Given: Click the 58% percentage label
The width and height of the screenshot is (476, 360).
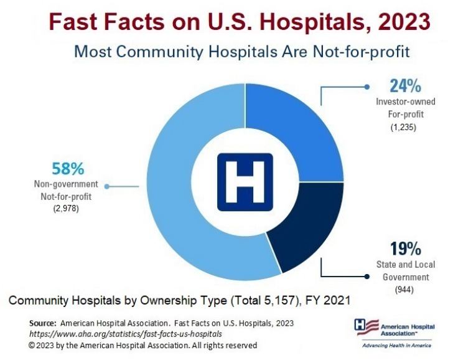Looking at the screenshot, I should tap(67, 169).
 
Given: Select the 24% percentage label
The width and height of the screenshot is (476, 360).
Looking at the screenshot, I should tap(405, 86).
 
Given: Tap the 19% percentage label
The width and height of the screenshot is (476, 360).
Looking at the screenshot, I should tap(405, 249).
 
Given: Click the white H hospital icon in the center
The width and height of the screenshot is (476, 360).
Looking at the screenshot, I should tap(245, 181).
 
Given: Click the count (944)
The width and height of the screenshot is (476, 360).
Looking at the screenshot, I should tap(405, 290).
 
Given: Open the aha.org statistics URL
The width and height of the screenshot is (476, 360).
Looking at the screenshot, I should tap(125, 334).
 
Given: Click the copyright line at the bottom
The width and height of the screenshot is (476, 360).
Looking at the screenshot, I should tap(142, 345).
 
